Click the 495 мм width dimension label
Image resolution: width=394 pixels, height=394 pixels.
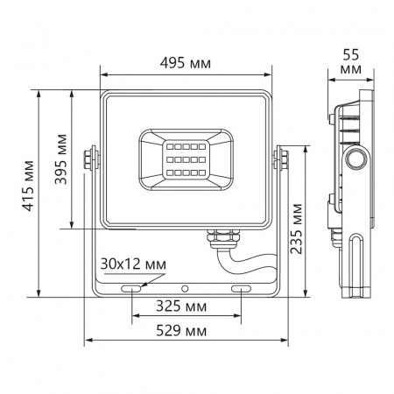[x=189, y=62]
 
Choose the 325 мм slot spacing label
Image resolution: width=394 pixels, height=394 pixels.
[x=187, y=307]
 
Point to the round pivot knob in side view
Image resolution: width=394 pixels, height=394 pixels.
[x=356, y=158]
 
